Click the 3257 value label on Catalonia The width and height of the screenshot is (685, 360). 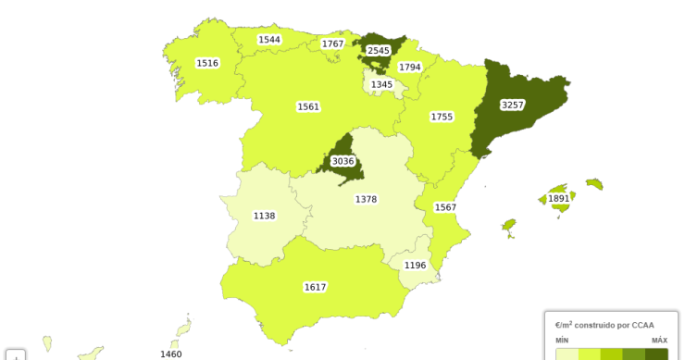click(x=512, y=105)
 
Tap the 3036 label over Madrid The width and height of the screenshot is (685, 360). click(x=342, y=161)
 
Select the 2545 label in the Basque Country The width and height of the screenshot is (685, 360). click(x=379, y=50)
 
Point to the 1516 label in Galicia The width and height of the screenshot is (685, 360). click(x=207, y=63)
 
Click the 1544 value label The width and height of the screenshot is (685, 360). click(x=269, y=40)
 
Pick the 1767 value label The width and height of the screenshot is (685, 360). click(x=332, y=43)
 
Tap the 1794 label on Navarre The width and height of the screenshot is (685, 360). click(x=410, y=67)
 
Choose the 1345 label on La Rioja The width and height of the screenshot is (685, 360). click(x=381, y=84)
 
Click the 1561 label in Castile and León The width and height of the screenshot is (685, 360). click(x=308, y=106)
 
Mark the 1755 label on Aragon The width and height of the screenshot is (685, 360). click(x=442, y=117)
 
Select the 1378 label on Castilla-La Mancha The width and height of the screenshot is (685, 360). click(x=366, y=199)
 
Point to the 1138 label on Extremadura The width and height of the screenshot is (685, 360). click(x=264, y=216)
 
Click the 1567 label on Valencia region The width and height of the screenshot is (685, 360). click(x=445, y=206)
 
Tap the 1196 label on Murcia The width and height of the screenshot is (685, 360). click(x=415, y=266)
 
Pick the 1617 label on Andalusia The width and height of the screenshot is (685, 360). click(x=315, y=287)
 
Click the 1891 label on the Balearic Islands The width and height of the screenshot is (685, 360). click(x=558, y=198)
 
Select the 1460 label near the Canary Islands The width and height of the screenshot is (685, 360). click(x=170, y=354)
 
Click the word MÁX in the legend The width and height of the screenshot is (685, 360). click(x=659, y=341)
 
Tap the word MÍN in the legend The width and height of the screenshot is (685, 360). click(x=562, y=341)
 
